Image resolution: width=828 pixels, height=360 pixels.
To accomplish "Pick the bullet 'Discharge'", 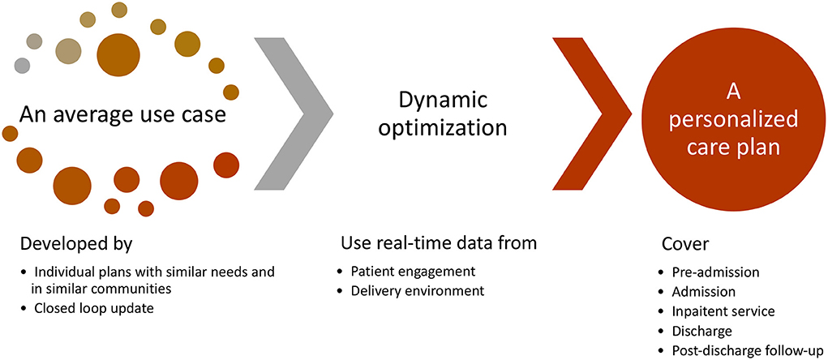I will tap(701, 331).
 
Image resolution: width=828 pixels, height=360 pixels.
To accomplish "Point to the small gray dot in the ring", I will tap(22, 64).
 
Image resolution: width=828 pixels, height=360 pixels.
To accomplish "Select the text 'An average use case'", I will tap(122, 116).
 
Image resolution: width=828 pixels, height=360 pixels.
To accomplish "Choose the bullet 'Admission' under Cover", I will tap(703, 291).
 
